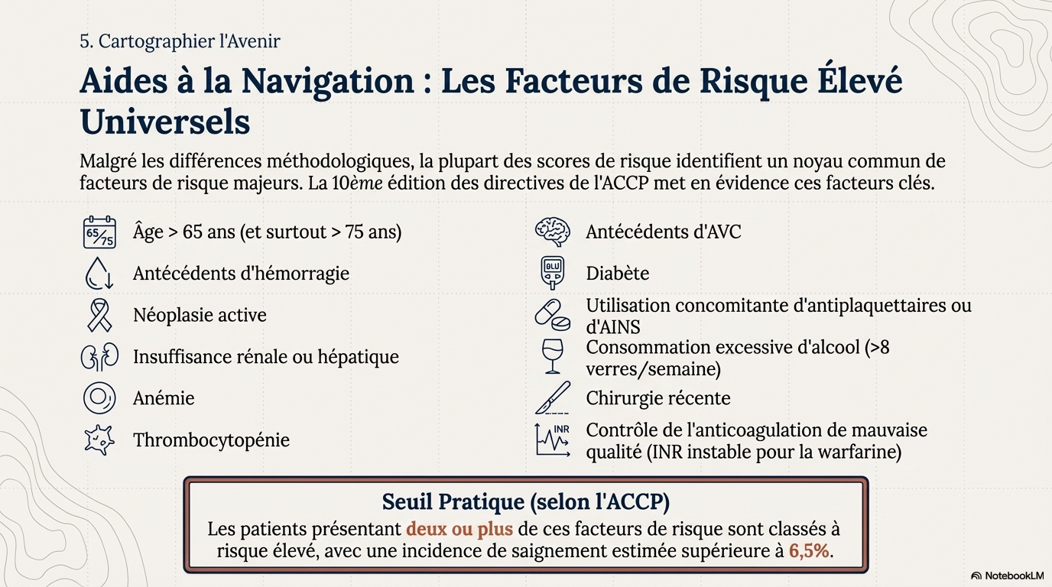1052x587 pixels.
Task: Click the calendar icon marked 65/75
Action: [99, 232]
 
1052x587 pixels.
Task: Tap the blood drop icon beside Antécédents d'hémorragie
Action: [99, 274]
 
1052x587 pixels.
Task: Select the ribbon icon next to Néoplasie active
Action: [99, 315]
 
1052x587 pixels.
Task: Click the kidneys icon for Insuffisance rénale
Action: [99, 357]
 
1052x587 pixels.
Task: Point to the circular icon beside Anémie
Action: [99, 398]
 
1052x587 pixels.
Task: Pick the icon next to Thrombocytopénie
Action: [99, 440]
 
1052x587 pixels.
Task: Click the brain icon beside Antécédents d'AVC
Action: [552, 232]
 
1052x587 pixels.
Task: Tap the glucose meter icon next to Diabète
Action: [552, 274]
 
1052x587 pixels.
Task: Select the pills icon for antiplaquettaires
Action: [552, 315]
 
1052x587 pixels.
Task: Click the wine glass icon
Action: [552, 357]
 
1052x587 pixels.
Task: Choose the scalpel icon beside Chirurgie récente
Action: [552, 398]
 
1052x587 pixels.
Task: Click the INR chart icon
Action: [552, 440]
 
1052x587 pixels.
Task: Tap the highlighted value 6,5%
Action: [809, 551]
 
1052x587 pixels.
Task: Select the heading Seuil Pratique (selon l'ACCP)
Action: [525, 502]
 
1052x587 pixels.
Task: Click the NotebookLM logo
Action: [1006, 576]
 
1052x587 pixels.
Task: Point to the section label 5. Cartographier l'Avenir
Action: [180, 41]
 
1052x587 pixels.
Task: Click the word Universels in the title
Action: [164, 122]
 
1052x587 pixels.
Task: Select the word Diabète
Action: [617, 274]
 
